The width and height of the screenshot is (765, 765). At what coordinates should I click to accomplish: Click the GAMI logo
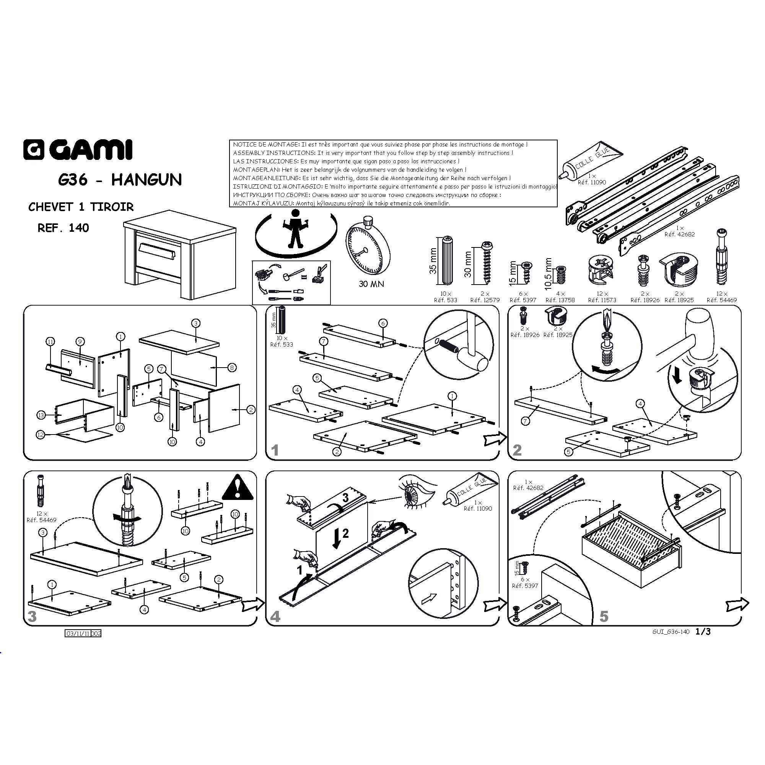tap(78, 150)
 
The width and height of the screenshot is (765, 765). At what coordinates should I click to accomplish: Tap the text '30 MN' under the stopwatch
tap(371, 284)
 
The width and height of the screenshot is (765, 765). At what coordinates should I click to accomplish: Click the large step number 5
tap(604, 616)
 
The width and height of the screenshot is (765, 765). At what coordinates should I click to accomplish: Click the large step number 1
tap(275, 450)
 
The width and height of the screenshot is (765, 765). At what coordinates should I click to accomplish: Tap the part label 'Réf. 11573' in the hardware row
tap(602, 300)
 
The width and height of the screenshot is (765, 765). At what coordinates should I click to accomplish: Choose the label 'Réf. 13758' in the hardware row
tap(560, 300)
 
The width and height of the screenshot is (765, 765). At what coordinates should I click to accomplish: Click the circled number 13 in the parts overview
tap(42, 415)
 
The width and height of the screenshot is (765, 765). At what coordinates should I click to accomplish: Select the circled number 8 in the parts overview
tap(232, 368)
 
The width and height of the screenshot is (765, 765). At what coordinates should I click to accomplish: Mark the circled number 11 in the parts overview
tap(50, 341)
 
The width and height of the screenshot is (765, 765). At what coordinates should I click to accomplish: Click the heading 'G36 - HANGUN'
tap(120, 180)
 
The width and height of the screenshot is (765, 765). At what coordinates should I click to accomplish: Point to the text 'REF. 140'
tap(63, 228)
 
